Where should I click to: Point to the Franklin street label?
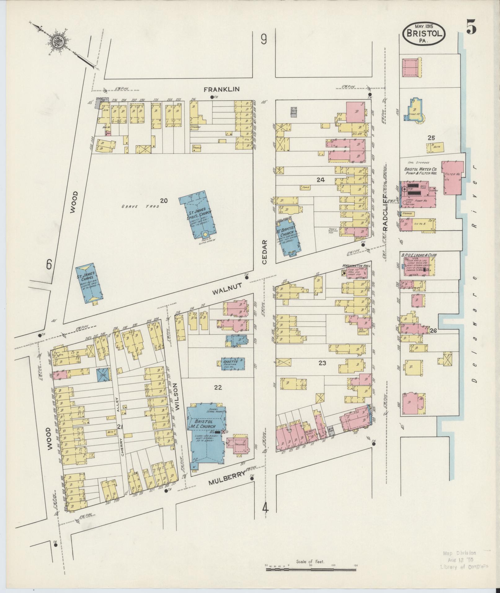pyautogui.click(x=222, y=89)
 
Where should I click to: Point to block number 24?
pyautogui.click(x=321, y=179)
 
